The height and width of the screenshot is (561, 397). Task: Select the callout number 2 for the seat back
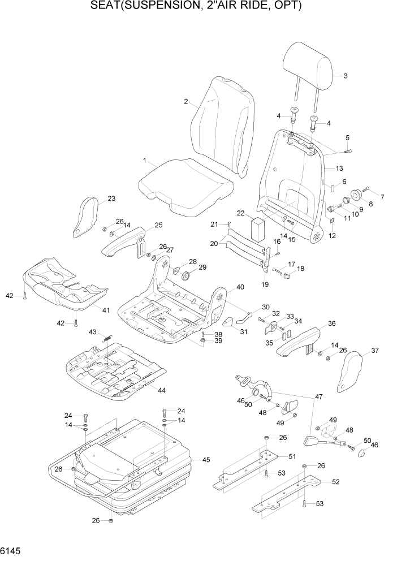[x=185, y=102]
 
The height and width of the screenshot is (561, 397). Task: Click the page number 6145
[x=11, y=550]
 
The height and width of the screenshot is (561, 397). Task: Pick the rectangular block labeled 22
[x=257, y=230]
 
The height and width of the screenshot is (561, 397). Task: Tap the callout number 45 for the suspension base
[x=206, y=460]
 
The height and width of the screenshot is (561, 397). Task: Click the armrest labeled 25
[x=124, y=241]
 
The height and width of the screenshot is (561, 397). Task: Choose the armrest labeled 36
[x=300, y=343]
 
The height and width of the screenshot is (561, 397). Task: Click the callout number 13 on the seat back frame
[x=339, y=169]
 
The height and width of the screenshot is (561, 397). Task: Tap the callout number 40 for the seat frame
[x=240, y=287]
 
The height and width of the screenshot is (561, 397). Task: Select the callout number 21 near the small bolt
[x=213, y=225]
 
